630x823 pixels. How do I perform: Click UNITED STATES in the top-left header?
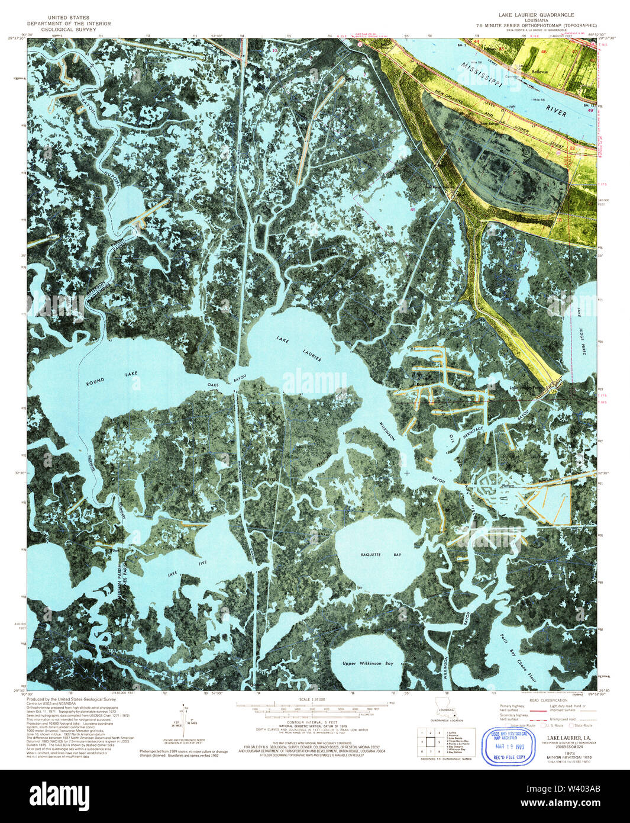[69, 18]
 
